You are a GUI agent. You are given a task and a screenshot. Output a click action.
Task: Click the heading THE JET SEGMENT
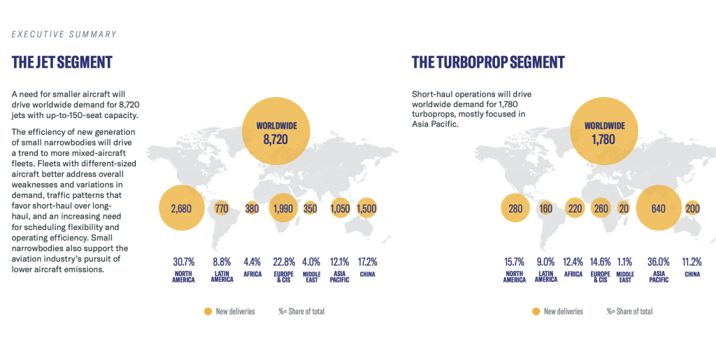coord(62,62)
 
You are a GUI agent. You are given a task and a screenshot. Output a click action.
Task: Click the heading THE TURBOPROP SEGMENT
coord(488,62)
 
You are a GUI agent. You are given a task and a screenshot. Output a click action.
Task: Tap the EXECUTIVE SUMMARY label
coord(64,34)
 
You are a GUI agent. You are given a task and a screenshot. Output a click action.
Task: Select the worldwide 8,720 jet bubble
coord(275,131)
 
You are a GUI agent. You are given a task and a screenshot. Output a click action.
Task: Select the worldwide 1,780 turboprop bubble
coord(604,131)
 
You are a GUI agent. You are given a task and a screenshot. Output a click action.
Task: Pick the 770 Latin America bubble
coord(222,208)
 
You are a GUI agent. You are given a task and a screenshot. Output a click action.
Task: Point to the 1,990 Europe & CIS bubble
coord(283,208)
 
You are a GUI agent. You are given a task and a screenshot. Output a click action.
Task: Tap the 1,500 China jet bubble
coord(367,208)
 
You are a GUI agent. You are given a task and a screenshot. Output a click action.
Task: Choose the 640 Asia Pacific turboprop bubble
coord(659,208)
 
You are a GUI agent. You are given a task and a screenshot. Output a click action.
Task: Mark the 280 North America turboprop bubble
coord(515,208)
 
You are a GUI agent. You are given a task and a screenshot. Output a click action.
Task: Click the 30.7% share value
coord(182,262)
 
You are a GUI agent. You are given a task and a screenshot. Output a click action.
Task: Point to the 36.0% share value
coord(659,262)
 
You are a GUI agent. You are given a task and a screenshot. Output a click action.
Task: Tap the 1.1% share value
coord(625,262)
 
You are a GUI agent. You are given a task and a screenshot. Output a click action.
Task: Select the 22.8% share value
coord(282,262)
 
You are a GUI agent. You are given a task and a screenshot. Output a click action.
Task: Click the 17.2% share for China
coord(367,262)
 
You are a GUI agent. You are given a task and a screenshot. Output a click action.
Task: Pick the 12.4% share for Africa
coord(573,262)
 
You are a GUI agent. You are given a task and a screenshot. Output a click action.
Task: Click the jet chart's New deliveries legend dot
coord(207,311)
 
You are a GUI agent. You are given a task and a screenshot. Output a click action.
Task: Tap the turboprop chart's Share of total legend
coord(629,311)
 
